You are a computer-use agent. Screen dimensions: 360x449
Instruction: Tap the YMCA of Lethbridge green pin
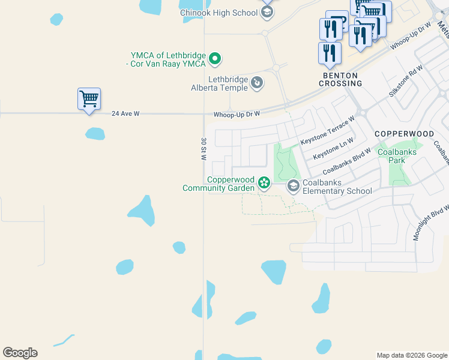point(215,59)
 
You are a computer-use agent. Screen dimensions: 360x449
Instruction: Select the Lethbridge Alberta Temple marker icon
point(257,82)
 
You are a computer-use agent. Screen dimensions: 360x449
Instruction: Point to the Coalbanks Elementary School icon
point(294,186)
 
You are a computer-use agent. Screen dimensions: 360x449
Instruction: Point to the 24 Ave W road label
point(125,113)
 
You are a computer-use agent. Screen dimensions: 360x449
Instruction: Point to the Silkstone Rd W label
point(405,82)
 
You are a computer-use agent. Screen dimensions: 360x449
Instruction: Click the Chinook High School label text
point(219,13)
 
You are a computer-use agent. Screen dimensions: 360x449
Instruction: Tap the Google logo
point(20,353)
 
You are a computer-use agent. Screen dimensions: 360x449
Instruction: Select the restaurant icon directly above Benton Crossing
point(330,53)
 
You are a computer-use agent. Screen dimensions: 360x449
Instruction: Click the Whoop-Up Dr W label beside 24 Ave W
point(237,114)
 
